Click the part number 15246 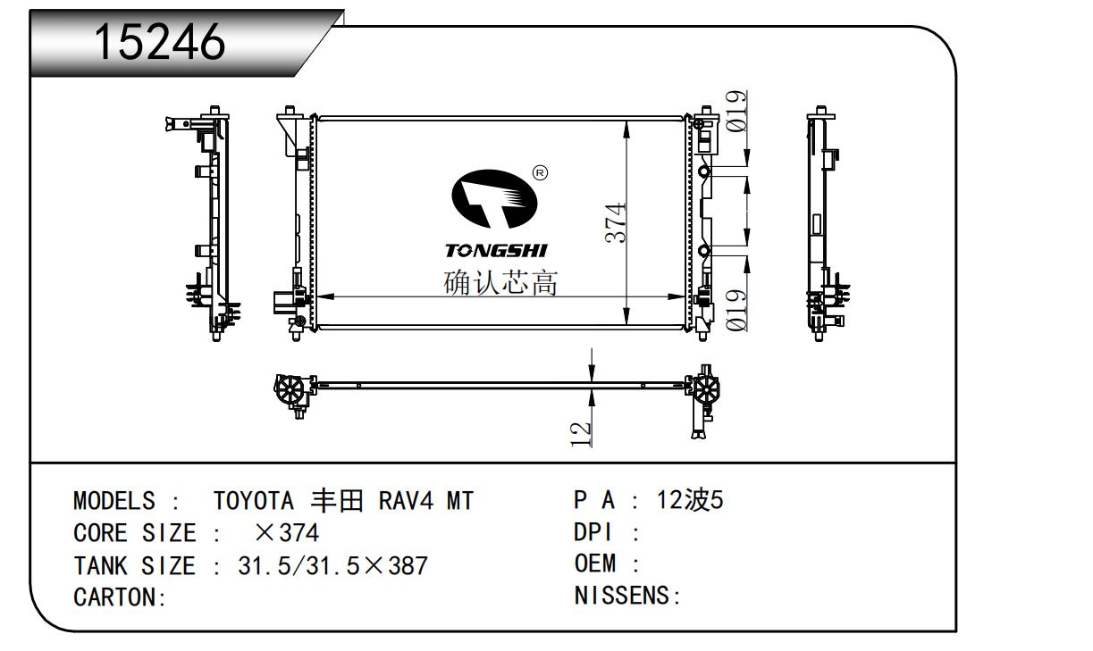coord(160,42)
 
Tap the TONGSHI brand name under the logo coord(496,251)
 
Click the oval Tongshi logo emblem coord(494,199)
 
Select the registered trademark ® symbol coord(540,172)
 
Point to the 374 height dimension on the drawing coord(615,223)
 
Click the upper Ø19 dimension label coord(736,112)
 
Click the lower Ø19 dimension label coord(736,311)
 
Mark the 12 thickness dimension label coord(581,435)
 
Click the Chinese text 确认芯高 coord(500,282)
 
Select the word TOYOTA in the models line coord(254,501)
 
